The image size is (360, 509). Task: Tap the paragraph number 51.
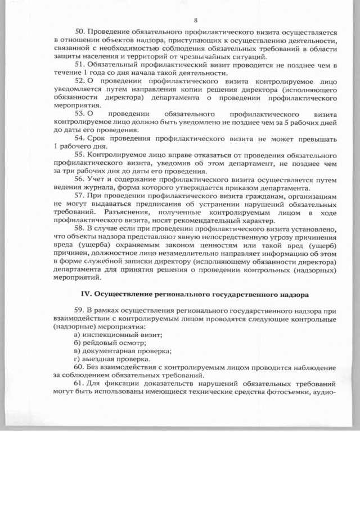point(79,65)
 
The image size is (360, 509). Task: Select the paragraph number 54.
point(79,138)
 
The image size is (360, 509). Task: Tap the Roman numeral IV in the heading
point(86,294)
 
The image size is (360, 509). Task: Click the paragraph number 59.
point(79,310)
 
